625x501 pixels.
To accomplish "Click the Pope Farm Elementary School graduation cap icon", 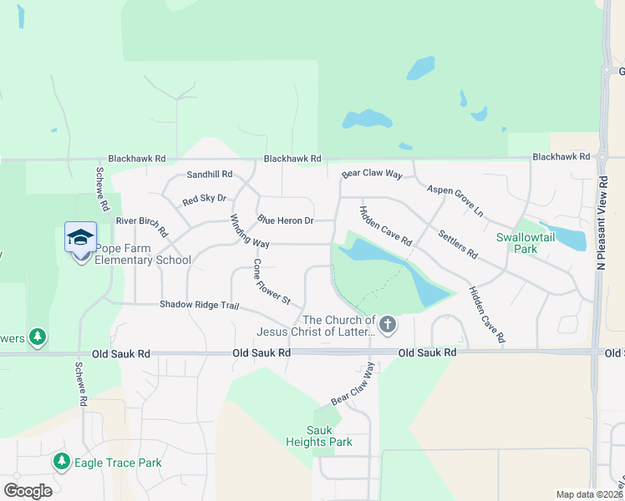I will click(81, 237).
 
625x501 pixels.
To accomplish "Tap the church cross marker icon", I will click(387, 324).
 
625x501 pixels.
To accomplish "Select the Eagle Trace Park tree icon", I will click(61, 462).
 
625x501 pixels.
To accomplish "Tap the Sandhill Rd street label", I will click(209, 175).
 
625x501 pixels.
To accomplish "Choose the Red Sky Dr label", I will click(204, 200).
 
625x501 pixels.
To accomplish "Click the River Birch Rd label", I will click(142, 225).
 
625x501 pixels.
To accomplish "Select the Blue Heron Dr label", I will click(285, 220).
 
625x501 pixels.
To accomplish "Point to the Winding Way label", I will click(250, 231).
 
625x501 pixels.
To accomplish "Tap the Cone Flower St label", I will click(272, 282).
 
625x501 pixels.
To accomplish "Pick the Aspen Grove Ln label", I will click(455, 202).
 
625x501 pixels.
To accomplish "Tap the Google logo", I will click(28, 491).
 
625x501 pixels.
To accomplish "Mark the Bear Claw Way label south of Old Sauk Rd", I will click(353, 384).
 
